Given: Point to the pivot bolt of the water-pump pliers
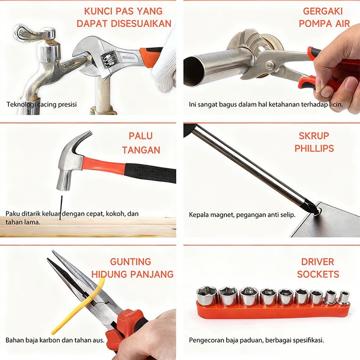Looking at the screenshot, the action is (270, 65).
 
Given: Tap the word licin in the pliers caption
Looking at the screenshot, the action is (336, 105).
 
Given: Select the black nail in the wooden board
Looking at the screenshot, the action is (61, 208).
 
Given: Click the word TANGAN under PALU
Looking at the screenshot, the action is (141, 150).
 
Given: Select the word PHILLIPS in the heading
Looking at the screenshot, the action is (314, 148).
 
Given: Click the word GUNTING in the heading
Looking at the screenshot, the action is (130, 262).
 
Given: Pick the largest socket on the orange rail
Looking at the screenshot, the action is (207, 296).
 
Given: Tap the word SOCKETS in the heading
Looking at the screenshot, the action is (318, 274).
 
